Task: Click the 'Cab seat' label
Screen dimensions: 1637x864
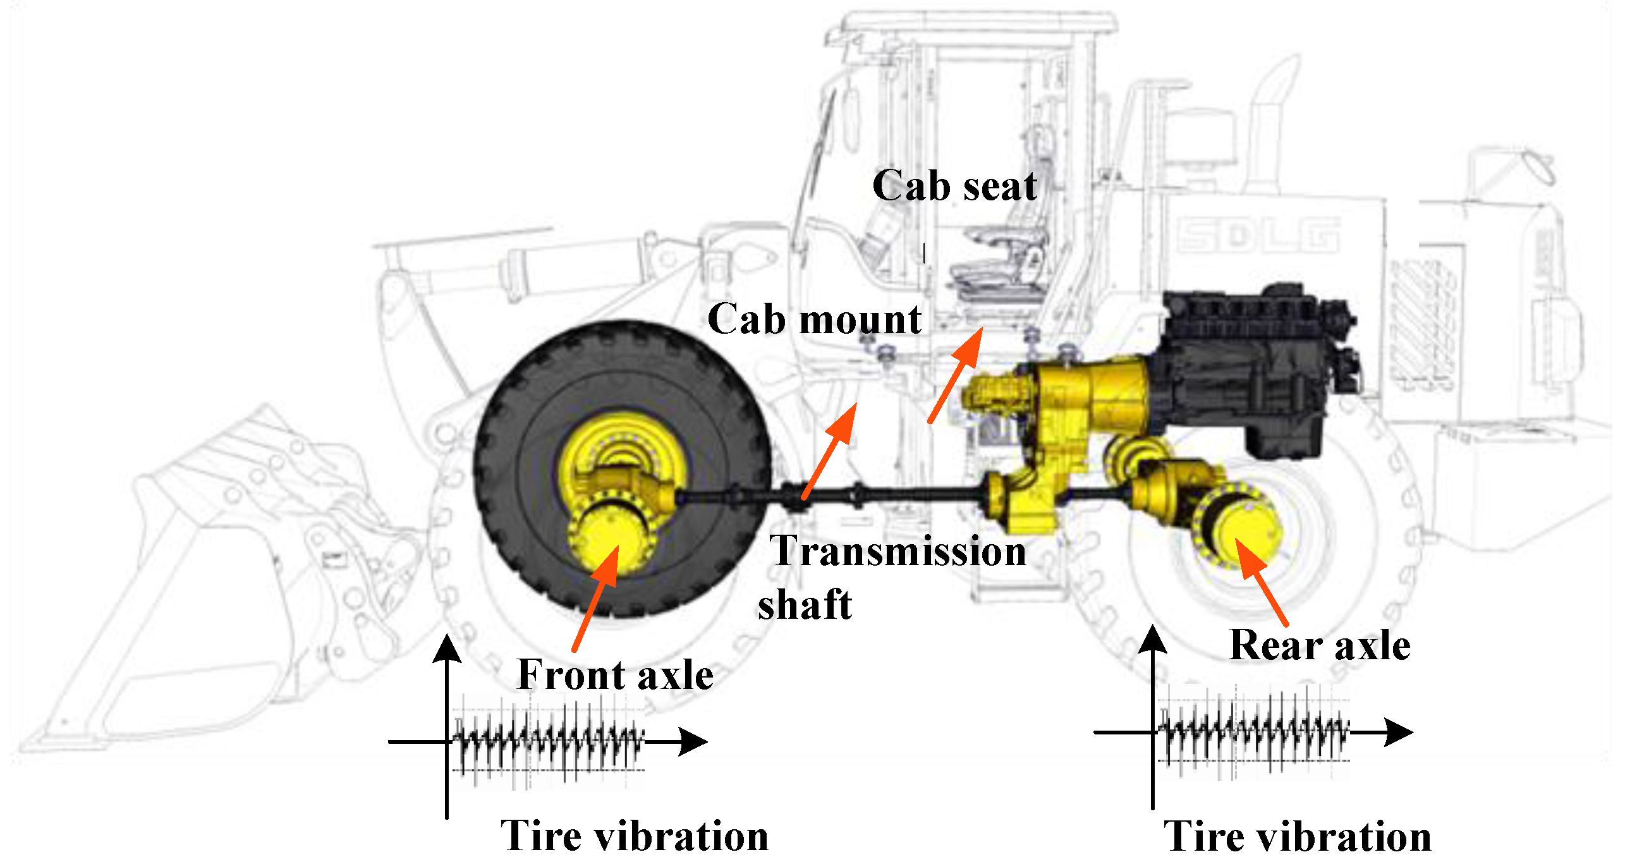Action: pos(954,186)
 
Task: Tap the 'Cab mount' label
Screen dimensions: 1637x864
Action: pos(814,319)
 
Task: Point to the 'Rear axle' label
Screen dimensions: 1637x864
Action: pos(1320,645)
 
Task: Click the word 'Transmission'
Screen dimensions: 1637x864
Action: pos(898,551)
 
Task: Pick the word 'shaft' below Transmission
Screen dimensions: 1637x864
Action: pos(805,604)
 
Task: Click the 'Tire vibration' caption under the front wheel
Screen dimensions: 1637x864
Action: pos(634,836)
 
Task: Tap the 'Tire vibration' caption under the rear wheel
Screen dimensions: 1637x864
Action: pos(1297,836)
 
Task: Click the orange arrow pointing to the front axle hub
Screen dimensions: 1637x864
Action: pos(596,598)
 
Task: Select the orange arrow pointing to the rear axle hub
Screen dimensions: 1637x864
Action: pos(1261,582)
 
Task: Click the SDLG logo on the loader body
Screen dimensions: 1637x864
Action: pos(1258,235)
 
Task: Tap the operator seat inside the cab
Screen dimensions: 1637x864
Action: pos(998,267)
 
